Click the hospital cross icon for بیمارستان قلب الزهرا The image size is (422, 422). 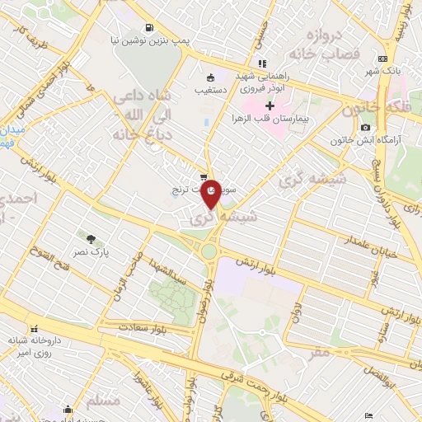click(x=270, y=105)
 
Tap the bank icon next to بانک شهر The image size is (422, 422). click(x=382, y=59)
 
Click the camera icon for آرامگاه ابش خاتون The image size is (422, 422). click(x=366, y=127)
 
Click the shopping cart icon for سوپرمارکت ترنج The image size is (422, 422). click(x=204, y=176)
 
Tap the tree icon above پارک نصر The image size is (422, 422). click(x=80, y=240)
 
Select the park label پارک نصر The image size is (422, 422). click(x=101, y=245)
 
